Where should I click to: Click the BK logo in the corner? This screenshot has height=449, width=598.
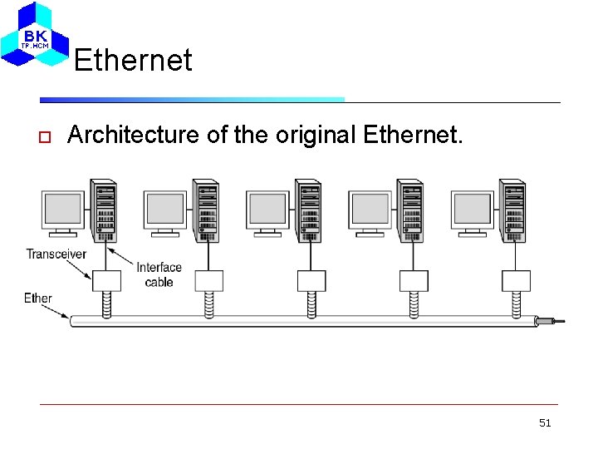click(35, 35)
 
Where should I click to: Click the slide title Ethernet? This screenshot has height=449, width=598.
click(133, 60)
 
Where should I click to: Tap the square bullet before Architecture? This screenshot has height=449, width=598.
click(46, 136)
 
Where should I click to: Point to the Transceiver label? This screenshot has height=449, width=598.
click(56, 254)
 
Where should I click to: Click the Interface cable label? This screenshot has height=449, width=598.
click(159, 274)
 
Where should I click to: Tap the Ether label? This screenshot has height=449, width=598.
click(38, 298)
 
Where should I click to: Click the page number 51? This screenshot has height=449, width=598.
click(545, 423)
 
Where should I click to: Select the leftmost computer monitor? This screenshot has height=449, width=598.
click(64, 210)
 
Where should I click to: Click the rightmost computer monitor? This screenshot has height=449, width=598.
click(473, 210)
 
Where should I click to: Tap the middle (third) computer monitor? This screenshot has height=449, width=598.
click(268, 210)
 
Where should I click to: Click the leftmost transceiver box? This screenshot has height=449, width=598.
click(106, 280)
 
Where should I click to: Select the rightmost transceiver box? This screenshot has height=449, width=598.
click(516, 280)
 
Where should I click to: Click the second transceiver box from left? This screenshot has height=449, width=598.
click(208, 280)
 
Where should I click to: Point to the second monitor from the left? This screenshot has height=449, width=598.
click(165, 210)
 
